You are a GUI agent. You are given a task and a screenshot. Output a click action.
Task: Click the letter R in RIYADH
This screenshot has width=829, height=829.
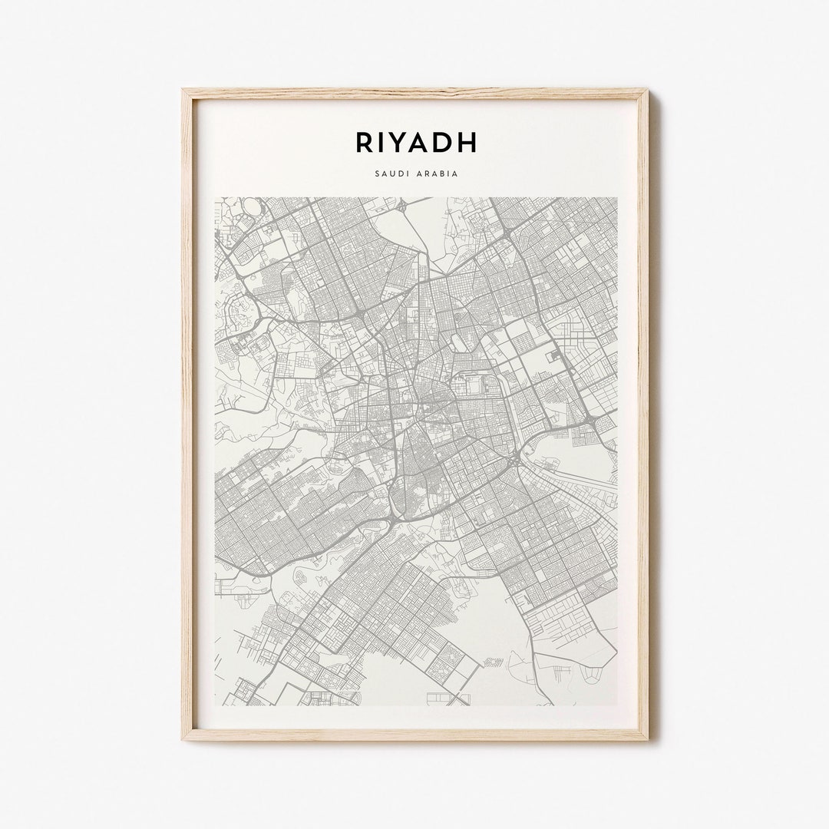(x=365, y=142)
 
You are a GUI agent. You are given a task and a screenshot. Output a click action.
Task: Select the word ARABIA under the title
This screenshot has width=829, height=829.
(x=438, y=173)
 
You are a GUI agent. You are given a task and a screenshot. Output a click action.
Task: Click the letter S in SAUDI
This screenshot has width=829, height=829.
(x=377, y=173)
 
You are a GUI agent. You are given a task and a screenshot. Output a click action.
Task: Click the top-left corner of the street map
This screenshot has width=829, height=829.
(x=215, y=198)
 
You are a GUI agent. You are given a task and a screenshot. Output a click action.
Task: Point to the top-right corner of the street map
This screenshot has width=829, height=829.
(x=617, y=198)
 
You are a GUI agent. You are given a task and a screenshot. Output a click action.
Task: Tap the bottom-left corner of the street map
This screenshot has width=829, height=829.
(x=215, y=705)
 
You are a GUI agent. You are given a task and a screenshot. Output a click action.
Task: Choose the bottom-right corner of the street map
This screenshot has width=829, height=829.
(x=617, y=705)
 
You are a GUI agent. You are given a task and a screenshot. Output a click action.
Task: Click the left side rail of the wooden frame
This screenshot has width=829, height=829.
(x=187, y=414)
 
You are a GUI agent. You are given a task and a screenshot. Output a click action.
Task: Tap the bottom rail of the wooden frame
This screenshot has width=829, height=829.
(x=414, y=735)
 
